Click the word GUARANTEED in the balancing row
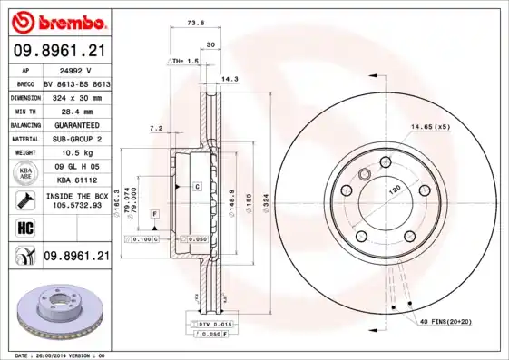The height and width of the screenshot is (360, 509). (77, 124)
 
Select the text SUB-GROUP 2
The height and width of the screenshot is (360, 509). (77, 139)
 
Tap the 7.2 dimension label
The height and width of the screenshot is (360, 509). (155, 129)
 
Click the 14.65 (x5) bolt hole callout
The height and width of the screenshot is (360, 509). (429, 126)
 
